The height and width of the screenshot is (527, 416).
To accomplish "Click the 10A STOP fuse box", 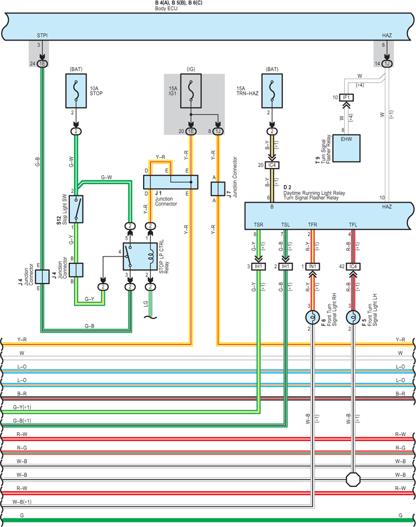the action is [x=76, y=91].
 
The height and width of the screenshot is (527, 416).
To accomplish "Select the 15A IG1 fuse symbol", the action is [x=191, y=91].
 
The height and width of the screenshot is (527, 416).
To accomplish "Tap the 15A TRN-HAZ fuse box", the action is [x=272, y=91].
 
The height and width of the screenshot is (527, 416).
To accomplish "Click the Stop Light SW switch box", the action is [x=77, y=209].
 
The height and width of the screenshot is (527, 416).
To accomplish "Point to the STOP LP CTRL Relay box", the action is [x=140, y=256].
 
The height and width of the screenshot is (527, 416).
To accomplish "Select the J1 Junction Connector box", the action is [x=171, y=182].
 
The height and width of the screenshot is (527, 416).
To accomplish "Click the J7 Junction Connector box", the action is [x=218, y=189].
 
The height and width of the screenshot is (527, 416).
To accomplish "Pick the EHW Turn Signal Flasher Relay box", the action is [x=346, y=148].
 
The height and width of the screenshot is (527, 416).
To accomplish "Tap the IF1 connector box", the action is [x=346, y=97].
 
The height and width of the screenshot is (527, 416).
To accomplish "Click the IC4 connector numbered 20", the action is [x=272, y=165].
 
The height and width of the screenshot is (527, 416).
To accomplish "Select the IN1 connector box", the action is [x=312, y=267].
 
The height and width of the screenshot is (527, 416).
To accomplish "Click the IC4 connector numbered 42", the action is [x=353, y=267].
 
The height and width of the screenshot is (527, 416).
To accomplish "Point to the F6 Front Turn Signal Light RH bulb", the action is [x=312, y=317].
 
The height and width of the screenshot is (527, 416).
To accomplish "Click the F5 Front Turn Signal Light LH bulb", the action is [x=353, y=317].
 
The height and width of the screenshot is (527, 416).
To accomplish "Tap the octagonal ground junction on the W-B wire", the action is [x=353, y=479].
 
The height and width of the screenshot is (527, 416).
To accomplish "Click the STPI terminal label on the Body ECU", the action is [x=42, y=35].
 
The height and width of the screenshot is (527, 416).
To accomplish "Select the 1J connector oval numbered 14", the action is [x=387, y=64].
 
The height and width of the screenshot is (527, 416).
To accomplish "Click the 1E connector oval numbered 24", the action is [x=42, y=64].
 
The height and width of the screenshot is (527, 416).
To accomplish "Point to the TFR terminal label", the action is [x=312, y=224].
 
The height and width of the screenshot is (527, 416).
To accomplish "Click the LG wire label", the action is [x=145, y=304].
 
